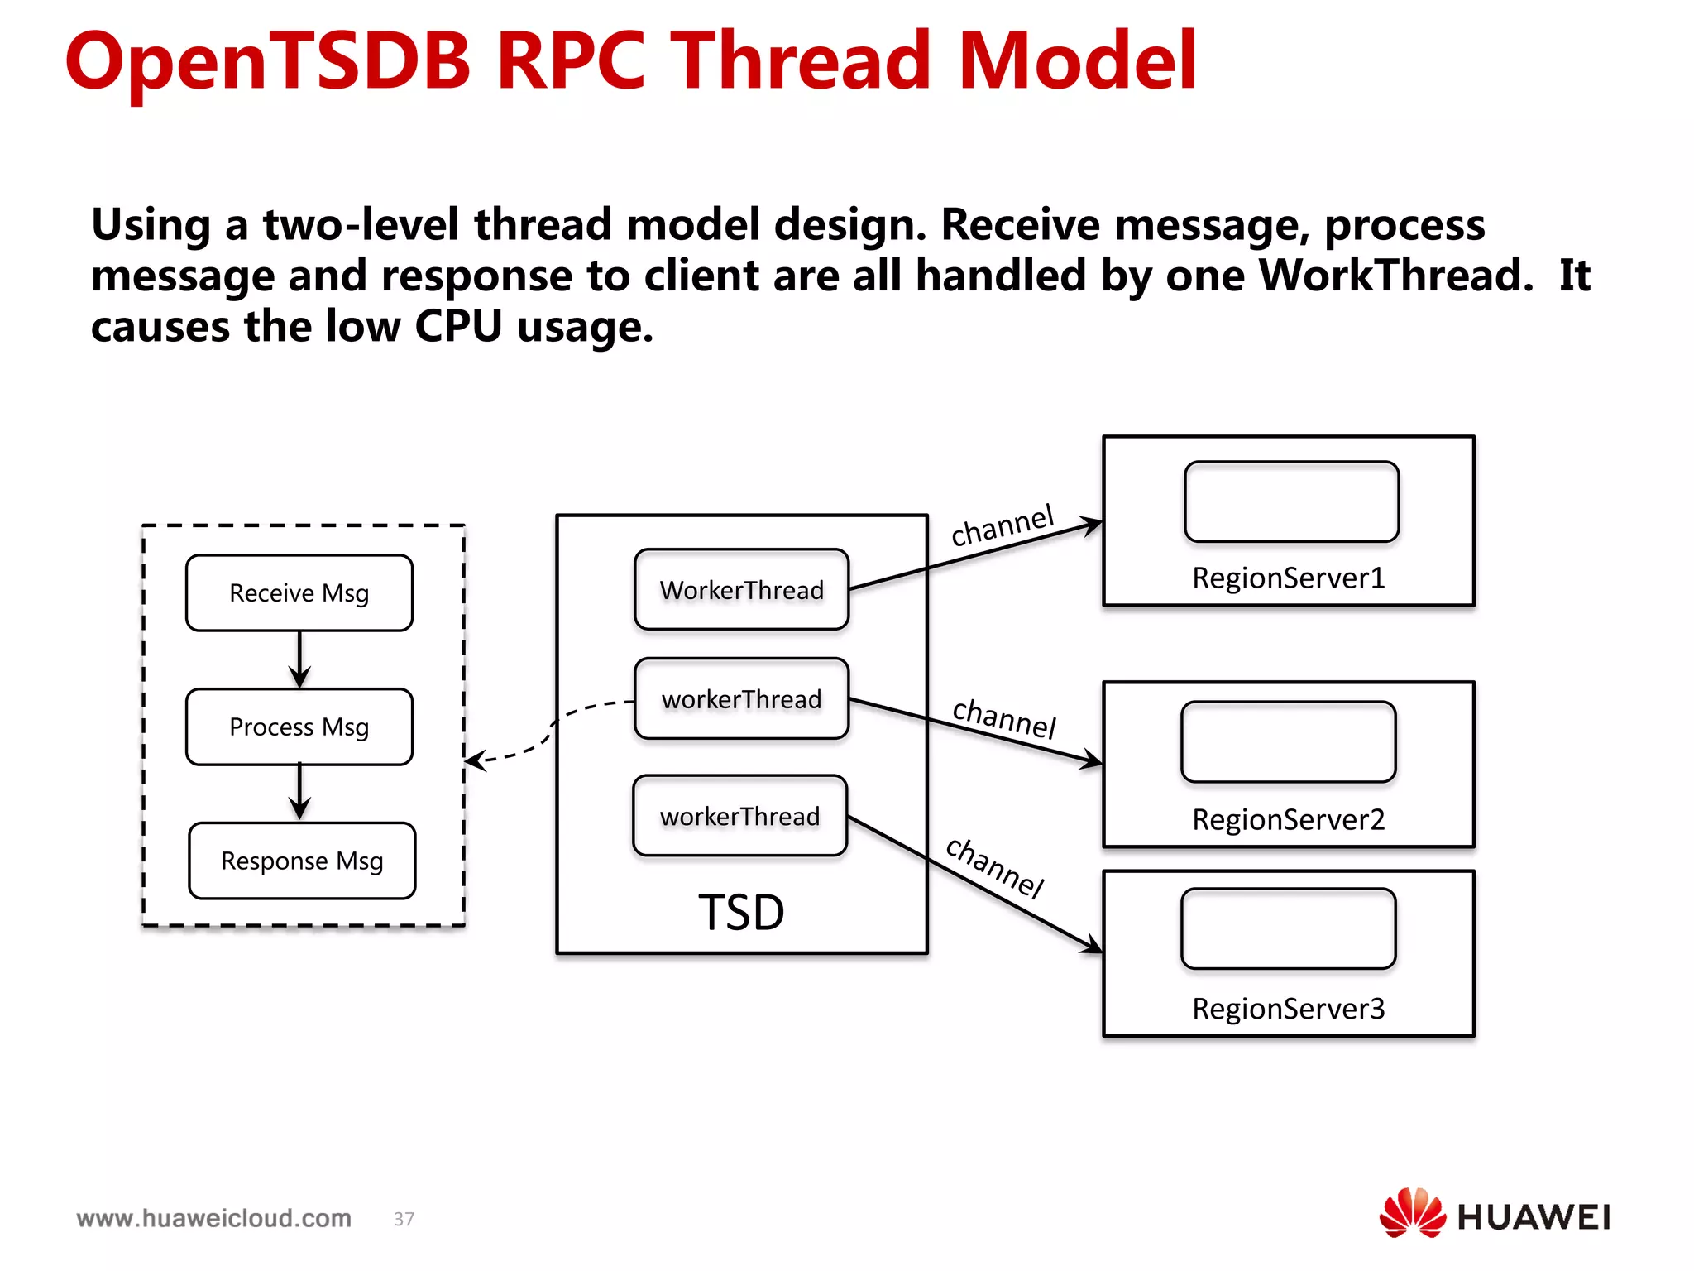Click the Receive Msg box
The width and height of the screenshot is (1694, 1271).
click(299, 593)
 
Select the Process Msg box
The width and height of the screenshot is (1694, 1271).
click(299, 727)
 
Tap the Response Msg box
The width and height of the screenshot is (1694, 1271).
click(302, 861)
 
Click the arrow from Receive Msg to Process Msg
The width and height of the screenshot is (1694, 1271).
click(299, 659)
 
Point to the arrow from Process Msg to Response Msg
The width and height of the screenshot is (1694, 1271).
click(299, 792)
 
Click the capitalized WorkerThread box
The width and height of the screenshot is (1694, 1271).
click(741, 590)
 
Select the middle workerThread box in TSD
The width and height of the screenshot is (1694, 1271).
click(741, 699)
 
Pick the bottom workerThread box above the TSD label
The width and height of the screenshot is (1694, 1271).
click(739, 816)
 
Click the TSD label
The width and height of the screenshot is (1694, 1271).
click(741, 912)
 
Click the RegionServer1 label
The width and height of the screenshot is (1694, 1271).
click(1288, 578)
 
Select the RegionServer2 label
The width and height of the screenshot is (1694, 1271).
click(1288, 819)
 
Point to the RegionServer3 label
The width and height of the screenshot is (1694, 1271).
click(1288, 1009)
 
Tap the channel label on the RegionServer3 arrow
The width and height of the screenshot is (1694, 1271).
click(995, 867)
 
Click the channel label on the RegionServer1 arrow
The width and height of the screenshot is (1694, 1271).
click(1002, 525)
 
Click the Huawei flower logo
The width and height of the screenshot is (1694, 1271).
click(1411, 1213)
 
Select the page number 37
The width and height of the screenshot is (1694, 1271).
click(404, 1219)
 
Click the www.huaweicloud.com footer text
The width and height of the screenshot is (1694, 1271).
click(213, 1218)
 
